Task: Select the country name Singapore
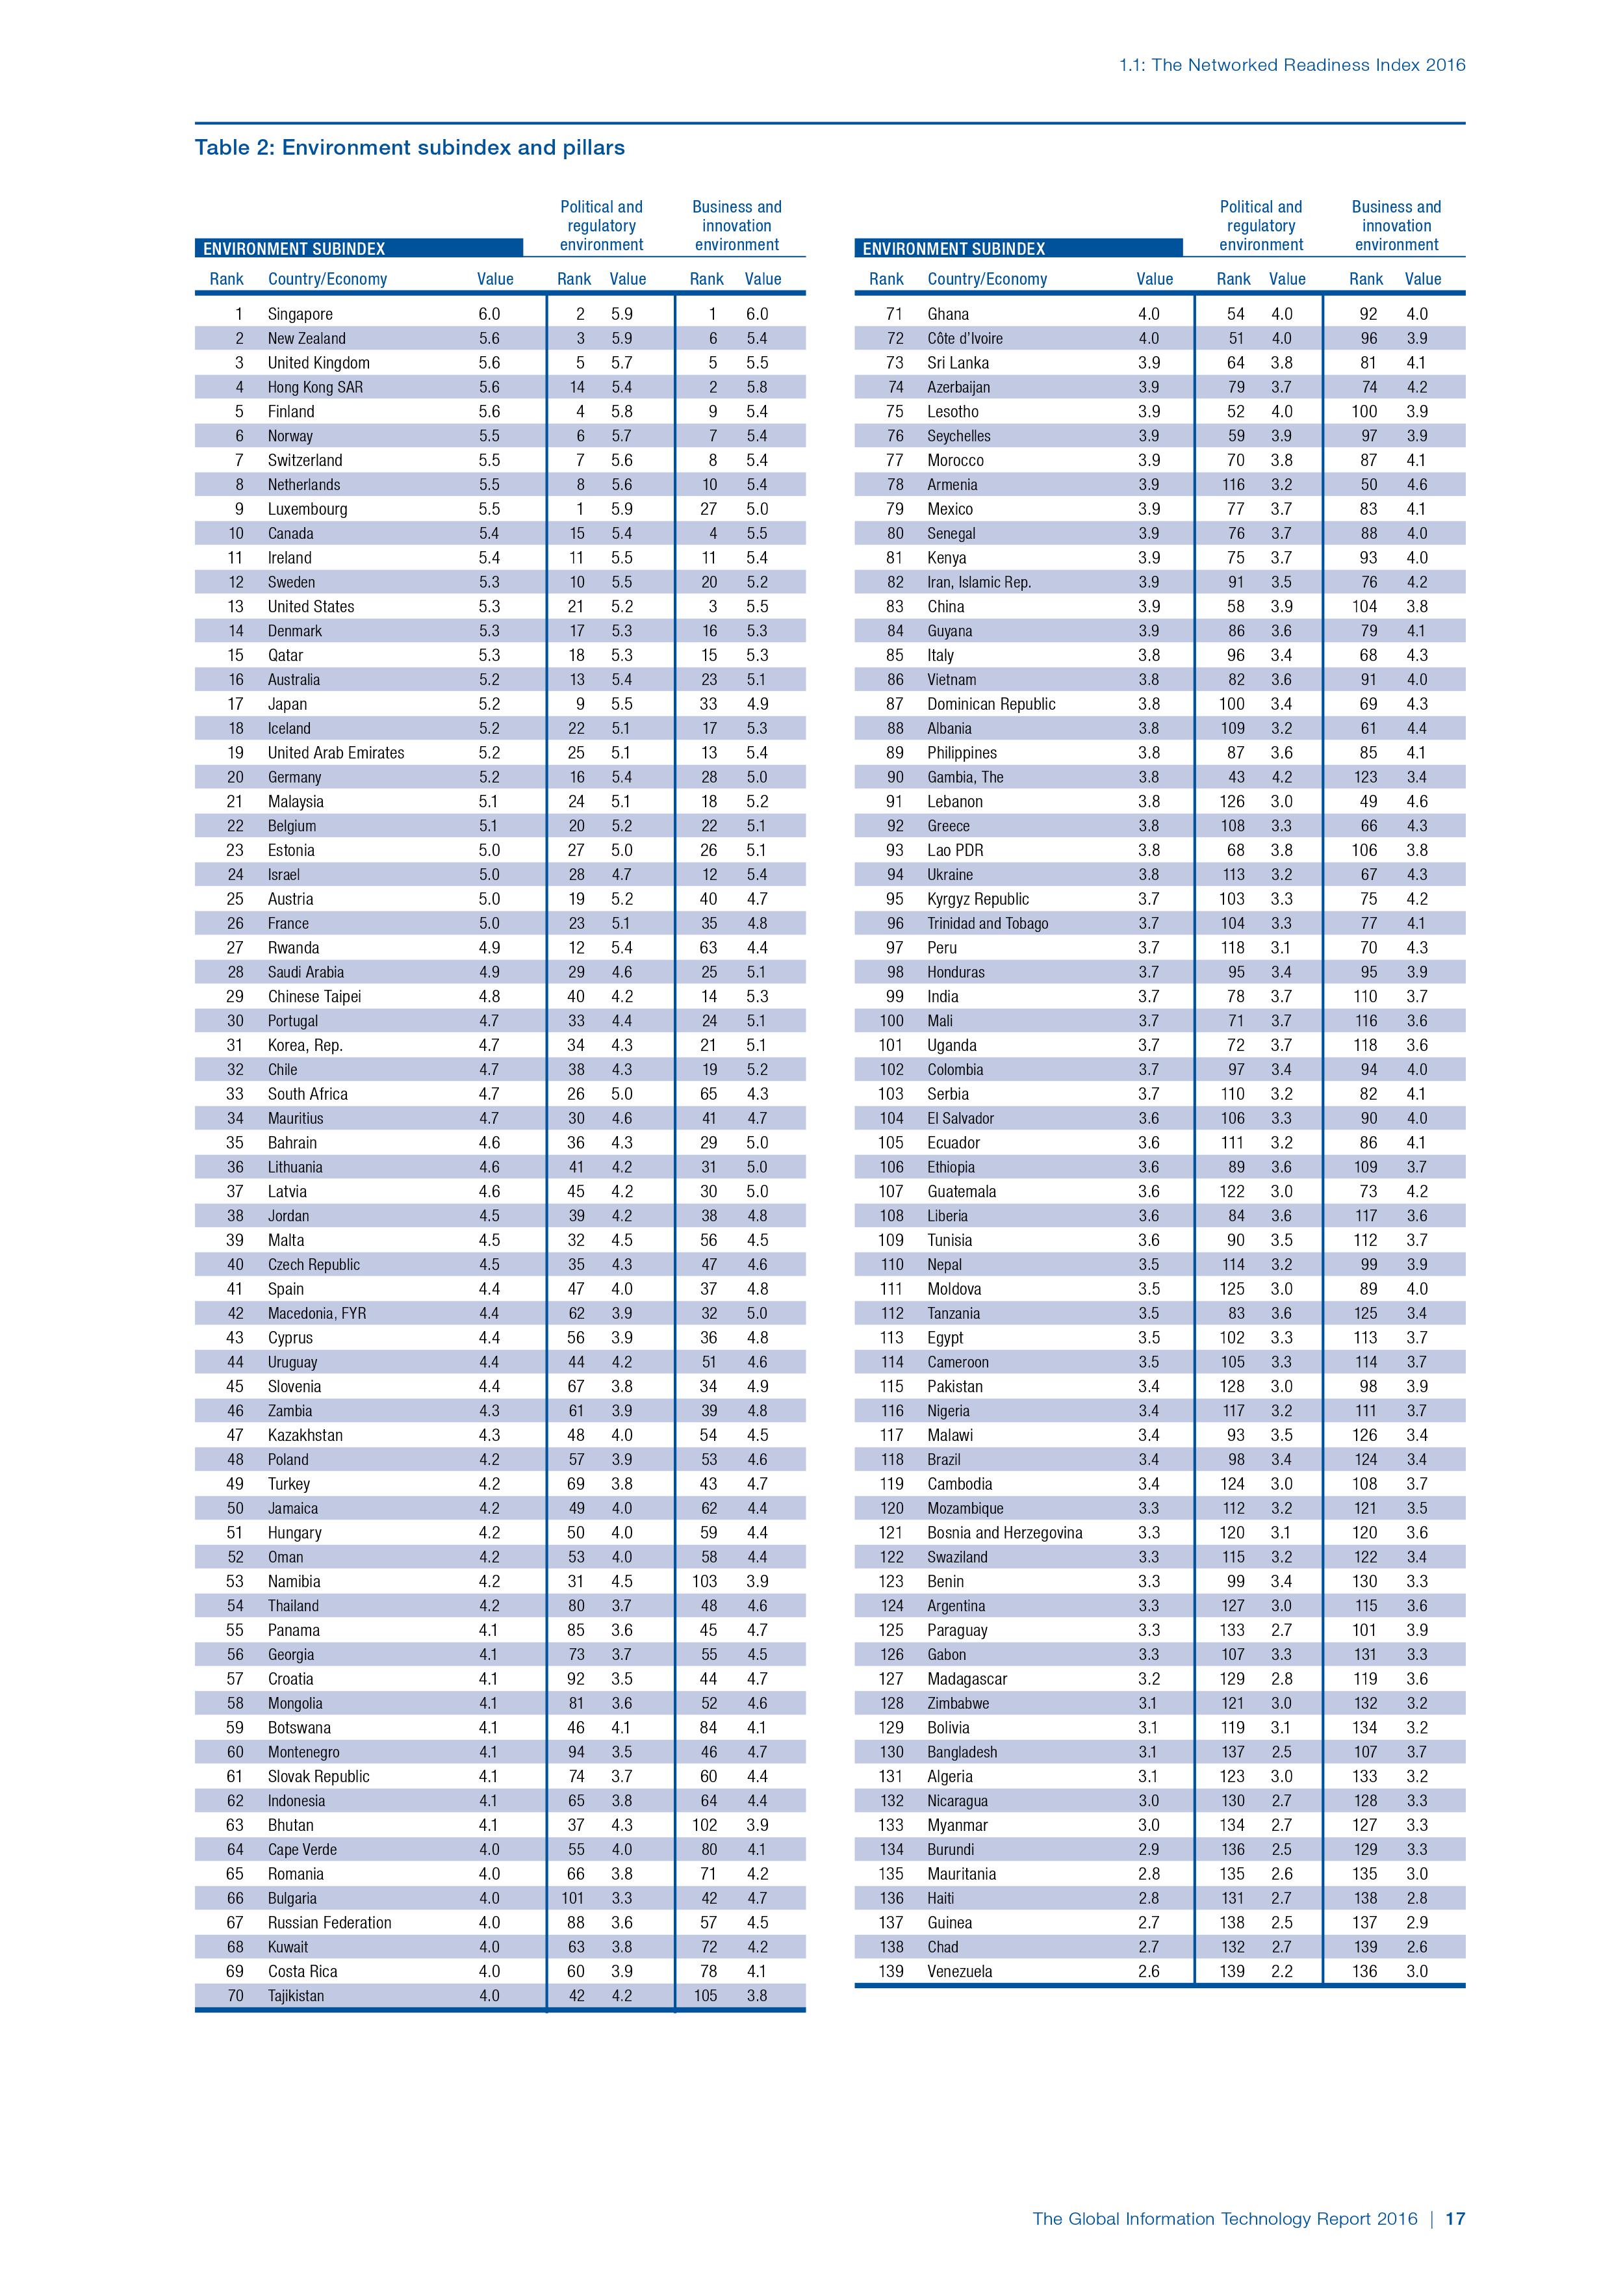pos(300,314)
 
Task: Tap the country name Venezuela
pos(959,1971)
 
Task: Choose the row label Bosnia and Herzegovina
pos(1004,1533)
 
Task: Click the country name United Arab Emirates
pos(335,753)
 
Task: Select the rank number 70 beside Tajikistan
pos(235,1995)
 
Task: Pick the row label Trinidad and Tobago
pos(987,924)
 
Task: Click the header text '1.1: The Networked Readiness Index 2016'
pos(1292,66)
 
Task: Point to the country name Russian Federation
pos(329,1923)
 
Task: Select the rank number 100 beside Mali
pos(891,1021)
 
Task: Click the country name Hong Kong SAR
pos(314,387)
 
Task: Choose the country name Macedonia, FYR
pos(316,1313)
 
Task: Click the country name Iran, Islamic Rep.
pos(979,582)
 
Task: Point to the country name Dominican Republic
pos(991,704)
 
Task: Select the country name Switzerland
pos(305,460)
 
